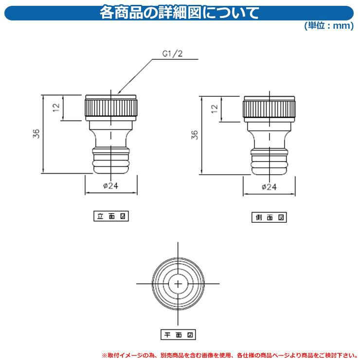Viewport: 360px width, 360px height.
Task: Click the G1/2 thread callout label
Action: point(172,54)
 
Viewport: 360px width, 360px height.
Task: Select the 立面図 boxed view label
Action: point(111,216)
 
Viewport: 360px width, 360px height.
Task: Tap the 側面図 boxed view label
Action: point(269,217)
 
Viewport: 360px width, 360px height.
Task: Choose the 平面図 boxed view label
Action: point(178,335)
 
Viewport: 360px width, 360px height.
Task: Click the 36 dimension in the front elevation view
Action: point(36,134)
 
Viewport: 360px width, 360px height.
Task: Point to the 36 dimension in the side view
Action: point(195,135)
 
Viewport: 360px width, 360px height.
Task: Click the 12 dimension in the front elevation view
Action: point(56,108)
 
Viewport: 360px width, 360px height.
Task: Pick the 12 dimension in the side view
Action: point(215,108)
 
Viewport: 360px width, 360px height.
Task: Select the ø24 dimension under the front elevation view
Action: point(111,185)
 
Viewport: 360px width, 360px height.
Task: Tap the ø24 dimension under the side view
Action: point(269,187)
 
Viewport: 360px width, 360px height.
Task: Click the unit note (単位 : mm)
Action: point(329,25)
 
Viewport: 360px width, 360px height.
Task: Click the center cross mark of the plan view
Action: point(178,284)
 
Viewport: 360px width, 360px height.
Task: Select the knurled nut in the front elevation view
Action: point(111,108)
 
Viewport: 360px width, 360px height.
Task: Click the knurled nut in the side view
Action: point(269,109)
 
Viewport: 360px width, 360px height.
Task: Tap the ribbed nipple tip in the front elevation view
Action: point(111,161)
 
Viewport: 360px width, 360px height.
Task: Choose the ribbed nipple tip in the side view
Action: point(269,162)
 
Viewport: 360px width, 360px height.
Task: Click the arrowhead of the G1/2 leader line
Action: point(119,93)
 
